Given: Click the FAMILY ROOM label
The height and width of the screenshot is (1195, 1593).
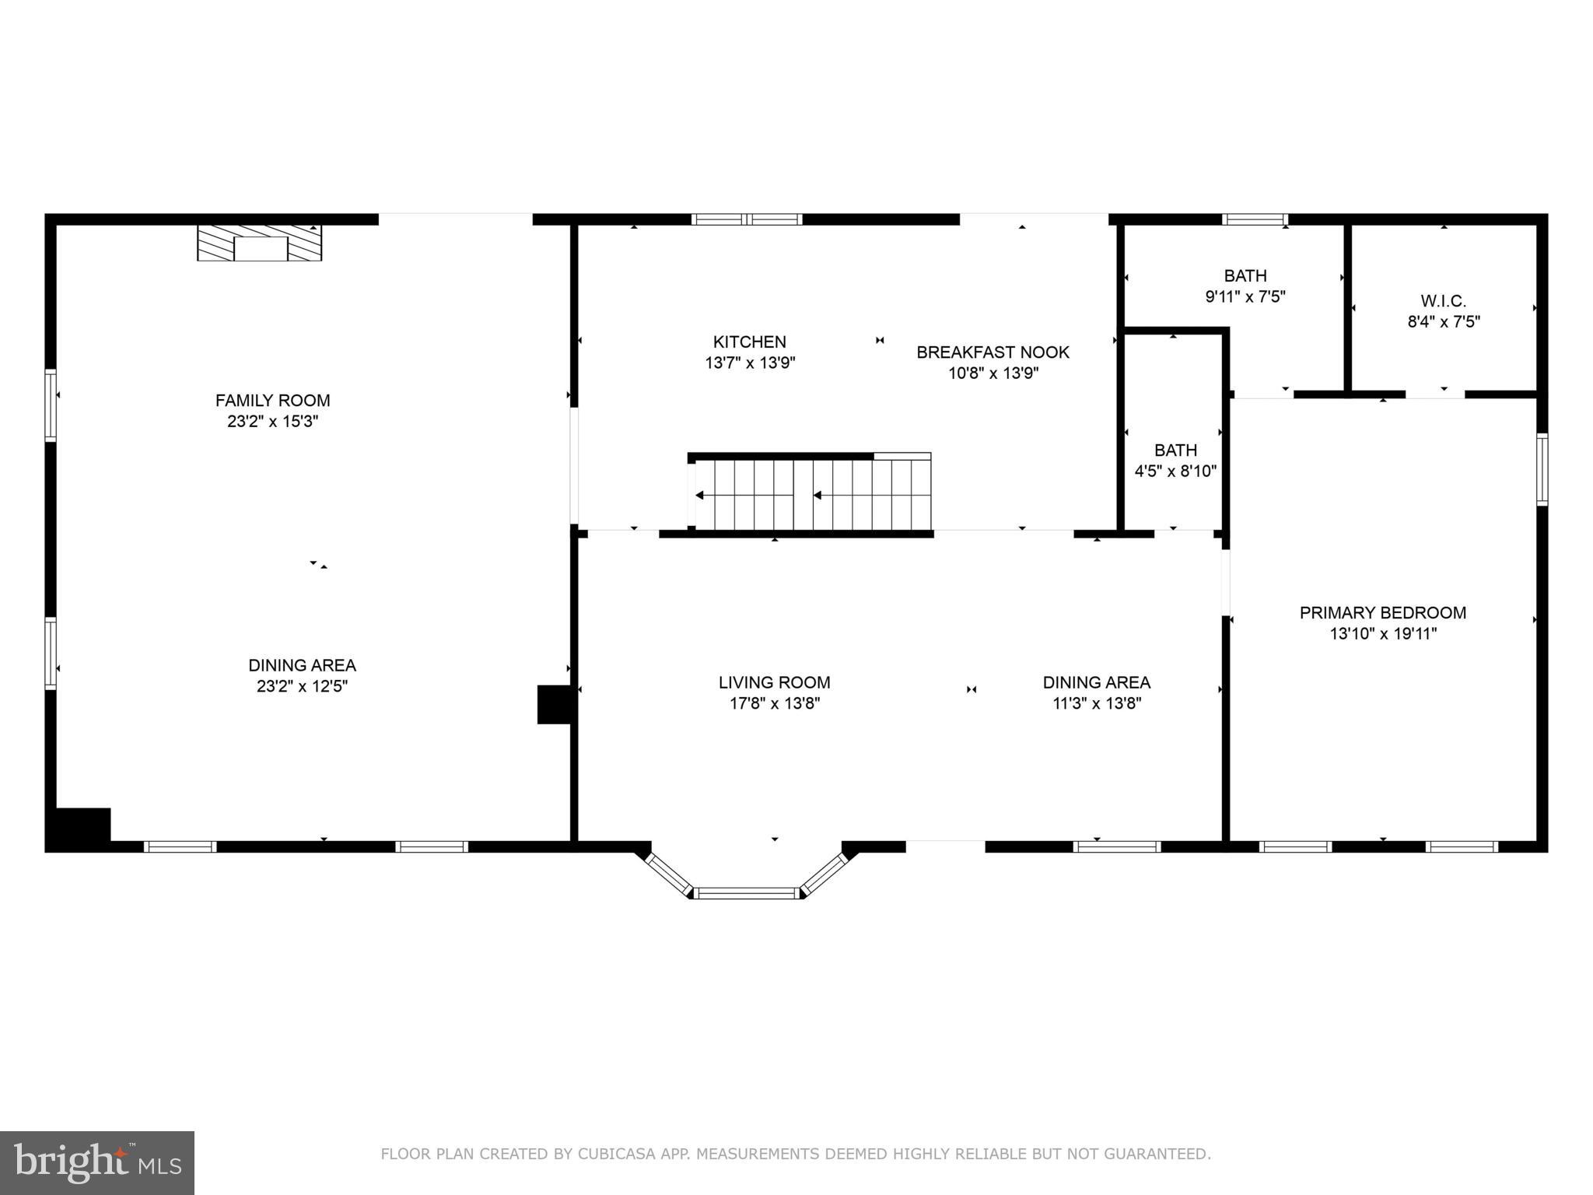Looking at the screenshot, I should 272,401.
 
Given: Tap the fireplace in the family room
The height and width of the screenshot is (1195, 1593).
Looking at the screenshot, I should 259,243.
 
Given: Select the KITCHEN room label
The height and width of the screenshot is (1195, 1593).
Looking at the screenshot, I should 750,342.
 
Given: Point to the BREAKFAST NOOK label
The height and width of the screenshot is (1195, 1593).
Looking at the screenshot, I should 993,352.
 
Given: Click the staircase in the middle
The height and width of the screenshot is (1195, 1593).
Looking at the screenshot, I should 813,495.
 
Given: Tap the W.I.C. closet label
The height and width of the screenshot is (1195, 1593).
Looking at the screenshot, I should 1443,301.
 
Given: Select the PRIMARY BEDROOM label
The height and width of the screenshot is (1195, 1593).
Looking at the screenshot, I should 1382,613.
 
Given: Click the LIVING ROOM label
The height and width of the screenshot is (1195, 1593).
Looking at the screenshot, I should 774,683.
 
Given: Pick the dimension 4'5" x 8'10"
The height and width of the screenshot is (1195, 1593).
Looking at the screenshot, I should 1175,471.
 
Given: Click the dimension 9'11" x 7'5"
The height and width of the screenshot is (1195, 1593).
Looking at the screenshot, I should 1245,296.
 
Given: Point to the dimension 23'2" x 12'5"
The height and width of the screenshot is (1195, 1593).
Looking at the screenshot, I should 302,686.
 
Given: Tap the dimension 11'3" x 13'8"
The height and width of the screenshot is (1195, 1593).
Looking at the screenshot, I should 1096,704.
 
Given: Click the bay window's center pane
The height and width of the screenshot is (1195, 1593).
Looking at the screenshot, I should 747,893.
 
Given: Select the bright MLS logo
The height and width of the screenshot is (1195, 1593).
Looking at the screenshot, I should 97,1162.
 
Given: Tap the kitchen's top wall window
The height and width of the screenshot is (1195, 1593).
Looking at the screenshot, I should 747,219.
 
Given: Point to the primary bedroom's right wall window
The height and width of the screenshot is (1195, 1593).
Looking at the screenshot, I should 1541,469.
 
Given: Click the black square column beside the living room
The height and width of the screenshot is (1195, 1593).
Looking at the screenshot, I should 555,704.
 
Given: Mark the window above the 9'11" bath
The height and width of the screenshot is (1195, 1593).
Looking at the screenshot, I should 1255,219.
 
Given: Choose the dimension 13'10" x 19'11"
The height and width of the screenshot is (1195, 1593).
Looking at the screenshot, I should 1382,634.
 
